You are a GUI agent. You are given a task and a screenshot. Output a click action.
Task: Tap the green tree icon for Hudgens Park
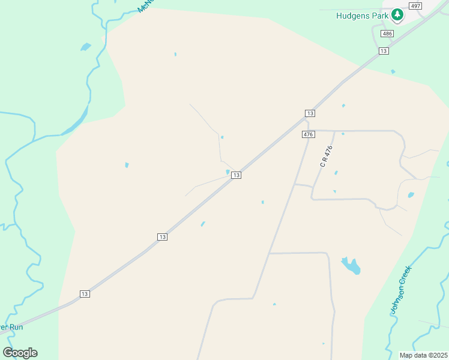point(396,14)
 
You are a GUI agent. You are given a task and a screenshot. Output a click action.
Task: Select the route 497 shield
point(415,5)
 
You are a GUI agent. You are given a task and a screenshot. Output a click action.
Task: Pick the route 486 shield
point(387,34)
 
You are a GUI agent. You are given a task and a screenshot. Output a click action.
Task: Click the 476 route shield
point(308,134)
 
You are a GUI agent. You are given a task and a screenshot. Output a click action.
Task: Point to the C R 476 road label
point(326,156)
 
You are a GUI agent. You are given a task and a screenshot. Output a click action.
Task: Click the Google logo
point(20,352)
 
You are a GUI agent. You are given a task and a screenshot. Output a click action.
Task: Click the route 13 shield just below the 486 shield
point(384,52)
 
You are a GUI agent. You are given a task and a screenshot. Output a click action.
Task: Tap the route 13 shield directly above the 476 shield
point(310,113)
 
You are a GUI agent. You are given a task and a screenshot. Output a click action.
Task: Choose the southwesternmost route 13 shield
point(85,293)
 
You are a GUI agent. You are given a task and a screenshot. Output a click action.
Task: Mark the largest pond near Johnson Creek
point(351,265)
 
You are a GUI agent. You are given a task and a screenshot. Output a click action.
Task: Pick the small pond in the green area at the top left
point(85,46)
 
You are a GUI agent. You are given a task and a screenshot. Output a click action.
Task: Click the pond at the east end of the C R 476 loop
point(411,195)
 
